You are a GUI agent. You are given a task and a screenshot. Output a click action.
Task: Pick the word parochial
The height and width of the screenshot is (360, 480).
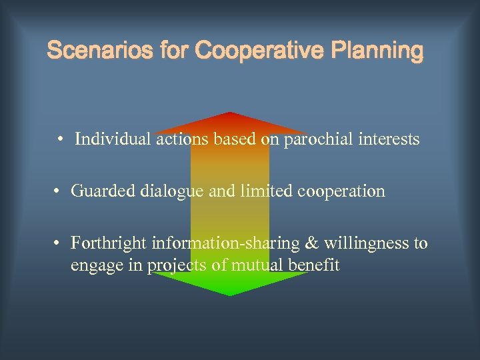tap(317, 139)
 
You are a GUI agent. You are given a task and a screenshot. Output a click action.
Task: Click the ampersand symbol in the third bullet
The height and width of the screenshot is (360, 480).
tap(311, 243)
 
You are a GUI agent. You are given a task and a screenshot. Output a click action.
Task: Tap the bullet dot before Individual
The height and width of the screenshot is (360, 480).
tap(60, 140)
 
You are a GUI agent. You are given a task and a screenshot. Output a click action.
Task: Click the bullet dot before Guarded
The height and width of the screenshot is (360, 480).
tap(58, 192)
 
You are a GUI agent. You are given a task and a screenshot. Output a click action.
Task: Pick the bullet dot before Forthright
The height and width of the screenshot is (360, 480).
tap(58, 243)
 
